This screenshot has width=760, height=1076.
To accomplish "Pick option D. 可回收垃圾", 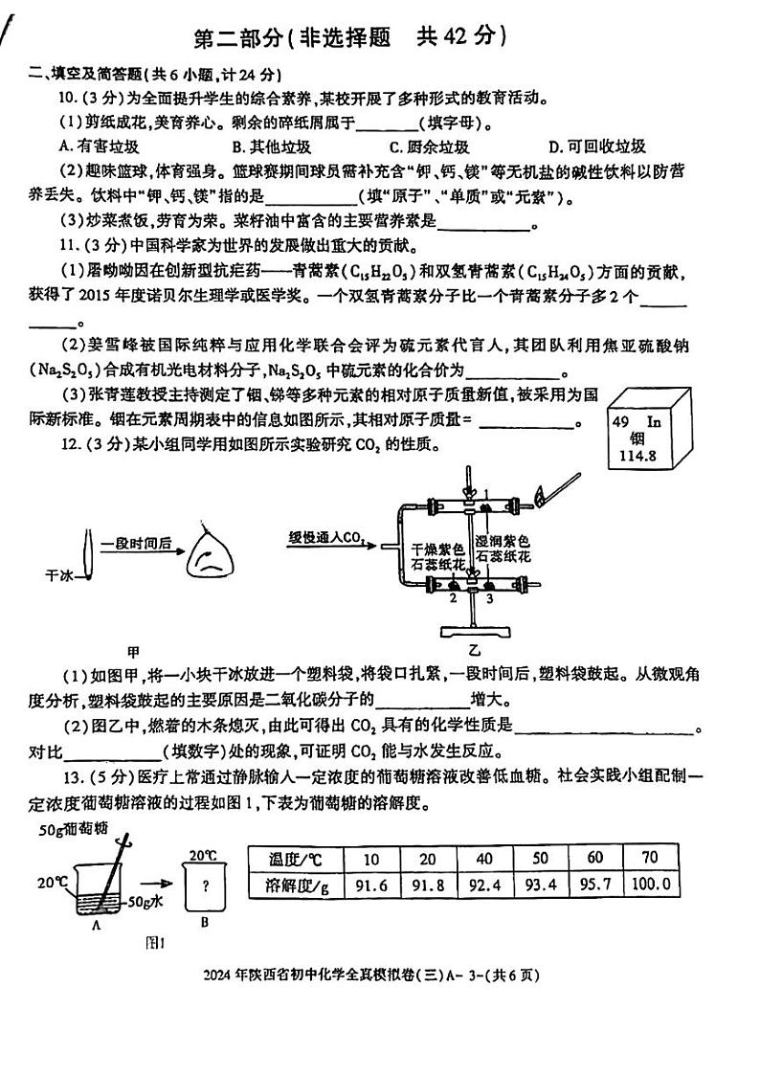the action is click(x=596, y=146).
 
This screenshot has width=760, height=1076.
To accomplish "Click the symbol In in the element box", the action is click(x=655, y=420).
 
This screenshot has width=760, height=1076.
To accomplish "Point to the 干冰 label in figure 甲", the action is click(x=59, y=575).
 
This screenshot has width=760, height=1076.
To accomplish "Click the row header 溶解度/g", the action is click(x=295, y=885).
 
